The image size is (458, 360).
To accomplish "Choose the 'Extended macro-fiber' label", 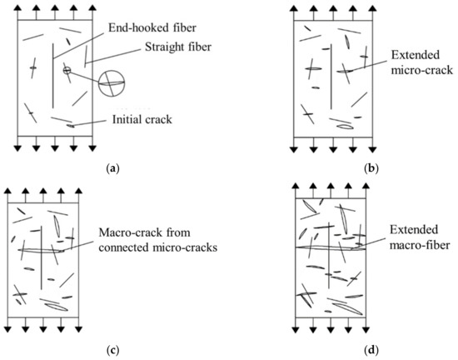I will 406,233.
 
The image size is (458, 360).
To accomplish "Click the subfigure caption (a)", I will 114,168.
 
